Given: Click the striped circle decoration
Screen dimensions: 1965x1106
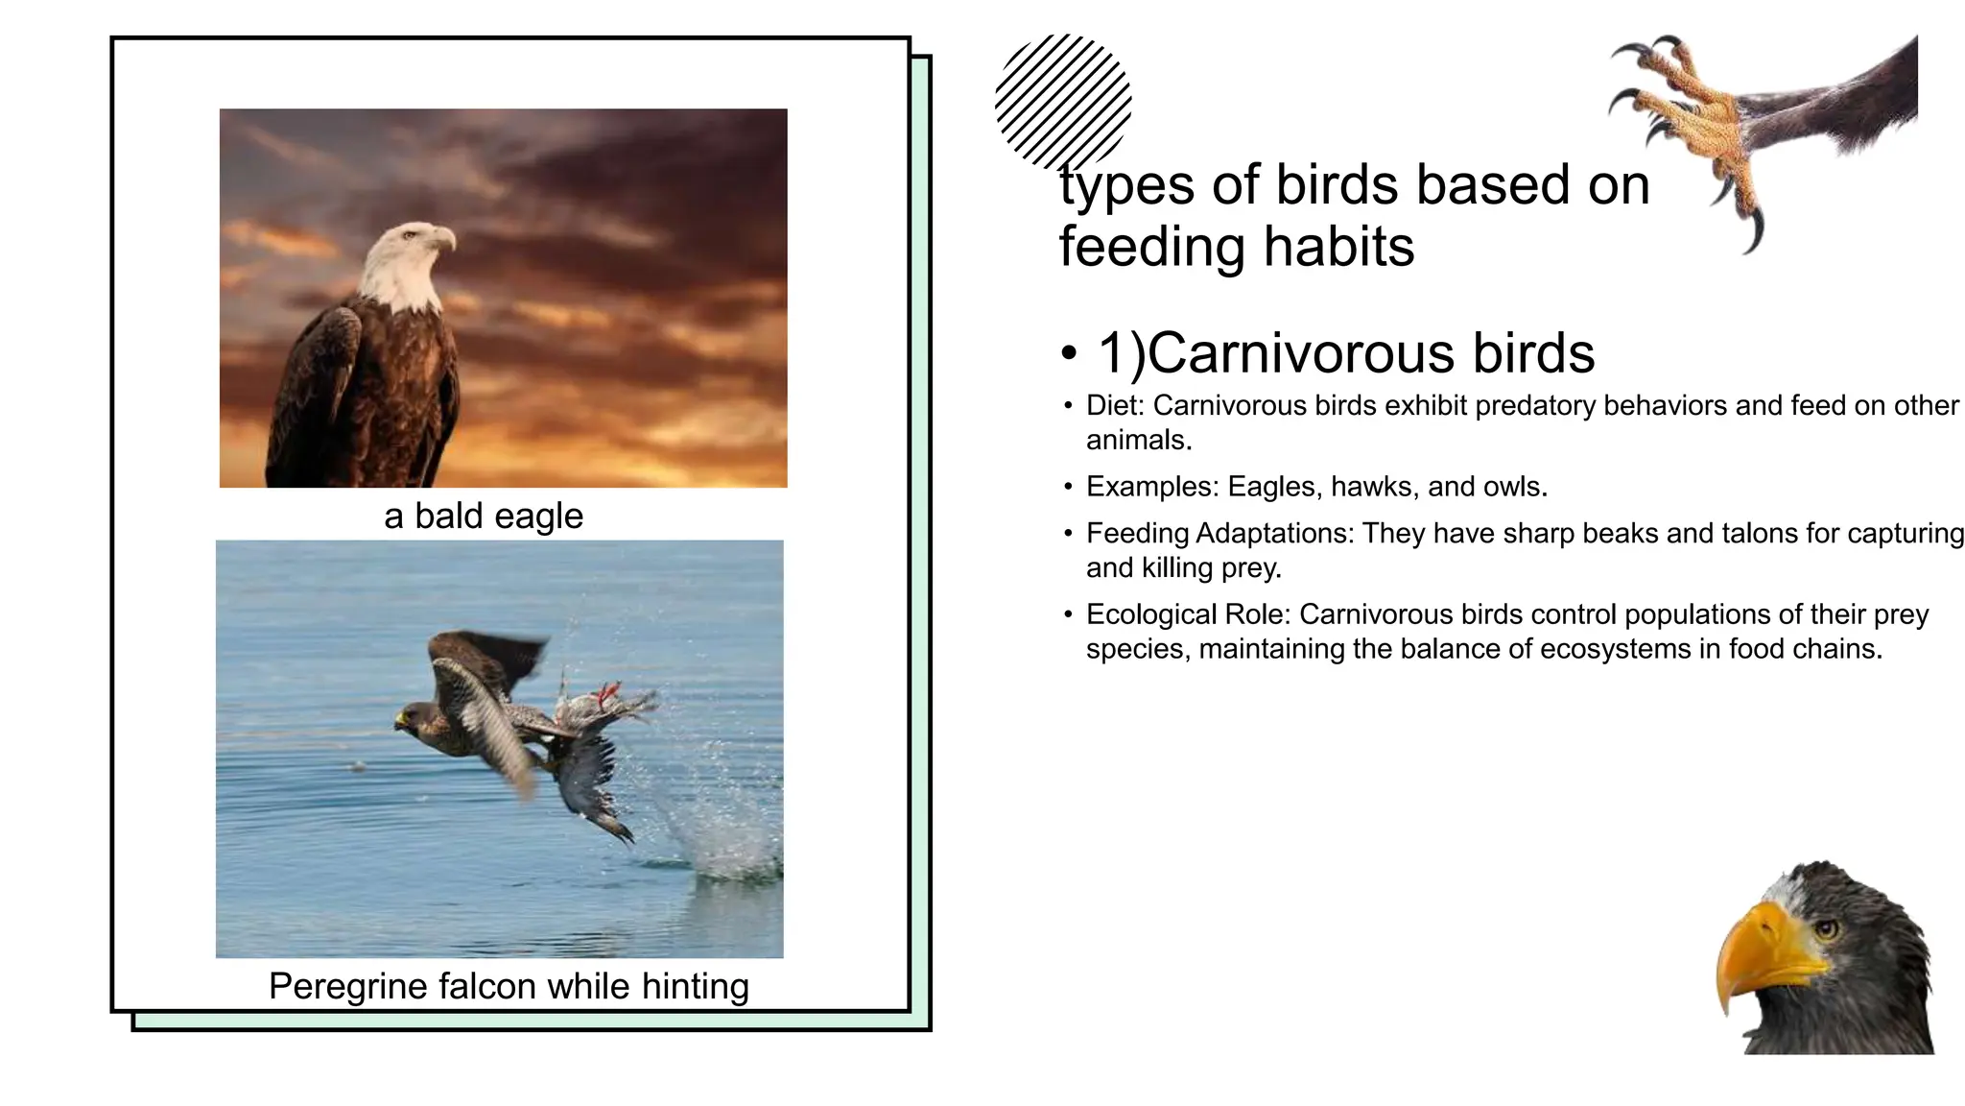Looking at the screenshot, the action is click(x=1063, y=102).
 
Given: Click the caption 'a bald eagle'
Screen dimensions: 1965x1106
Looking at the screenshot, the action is click(x=484, y=516).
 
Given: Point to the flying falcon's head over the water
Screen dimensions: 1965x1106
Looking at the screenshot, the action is click(x=415, y=717).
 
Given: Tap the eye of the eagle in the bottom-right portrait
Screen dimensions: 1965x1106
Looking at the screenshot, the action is click(x=1825, y=928).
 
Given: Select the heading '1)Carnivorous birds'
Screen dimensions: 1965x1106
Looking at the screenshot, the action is click(x=1346, y=352).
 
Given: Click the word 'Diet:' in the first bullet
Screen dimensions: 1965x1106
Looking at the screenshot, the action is click(x=1115, y=405).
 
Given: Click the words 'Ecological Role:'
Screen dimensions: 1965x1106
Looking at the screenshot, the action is click(x=1188, y=614).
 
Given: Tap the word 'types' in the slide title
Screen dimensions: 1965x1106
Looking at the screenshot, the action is click(x=1127, y=186).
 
